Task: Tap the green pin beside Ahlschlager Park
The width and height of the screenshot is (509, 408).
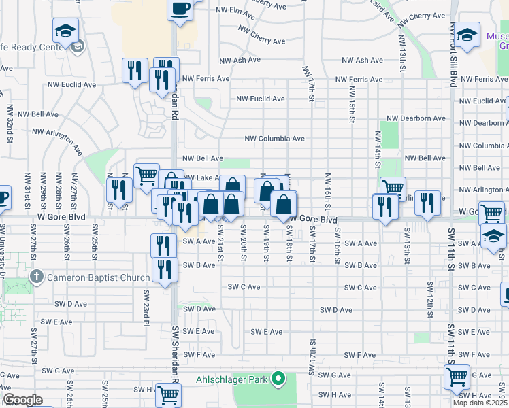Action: tap(278, 379)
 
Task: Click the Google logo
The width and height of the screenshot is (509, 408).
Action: tap(22, 400)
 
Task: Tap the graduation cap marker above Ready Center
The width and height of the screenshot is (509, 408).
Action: tap(65, 31)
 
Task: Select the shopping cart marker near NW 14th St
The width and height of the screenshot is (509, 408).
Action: tap(393, 188)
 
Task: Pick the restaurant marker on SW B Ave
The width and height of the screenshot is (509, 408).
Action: tap(165, 270)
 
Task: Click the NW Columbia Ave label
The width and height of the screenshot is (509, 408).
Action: tap(274, 139)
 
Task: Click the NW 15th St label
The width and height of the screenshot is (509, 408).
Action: tap(352, 105)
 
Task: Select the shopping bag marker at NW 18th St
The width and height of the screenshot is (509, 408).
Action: tap(284, 204)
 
